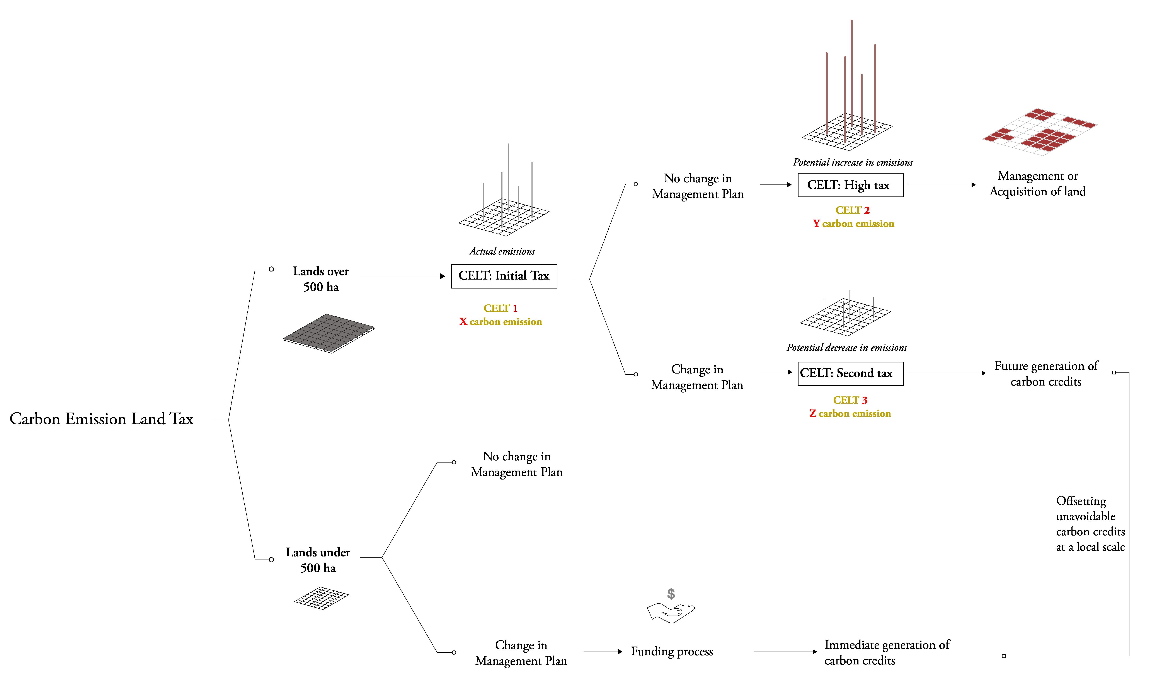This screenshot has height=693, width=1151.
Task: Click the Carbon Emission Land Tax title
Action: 101,419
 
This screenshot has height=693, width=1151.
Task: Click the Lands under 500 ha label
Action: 318,560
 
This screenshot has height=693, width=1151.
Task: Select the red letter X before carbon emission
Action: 463,322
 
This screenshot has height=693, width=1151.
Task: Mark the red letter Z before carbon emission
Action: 813,414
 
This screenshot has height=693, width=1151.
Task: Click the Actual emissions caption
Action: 502,251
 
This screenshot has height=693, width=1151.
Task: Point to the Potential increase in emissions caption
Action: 852,162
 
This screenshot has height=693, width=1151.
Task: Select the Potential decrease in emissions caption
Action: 846,348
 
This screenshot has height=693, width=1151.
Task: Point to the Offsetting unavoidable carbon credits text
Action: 1090,524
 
